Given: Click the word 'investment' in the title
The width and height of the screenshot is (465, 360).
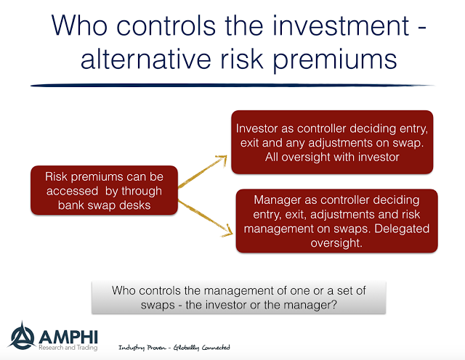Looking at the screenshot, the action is click(341, 25).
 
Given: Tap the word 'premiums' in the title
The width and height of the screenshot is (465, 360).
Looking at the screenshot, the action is click(335, 60).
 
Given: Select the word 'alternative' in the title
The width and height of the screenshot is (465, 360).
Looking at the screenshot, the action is click(145, 58).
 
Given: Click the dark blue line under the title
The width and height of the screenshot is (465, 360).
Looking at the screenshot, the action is click(232, 86).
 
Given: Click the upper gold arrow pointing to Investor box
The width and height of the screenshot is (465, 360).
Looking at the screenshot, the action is click(203, 171).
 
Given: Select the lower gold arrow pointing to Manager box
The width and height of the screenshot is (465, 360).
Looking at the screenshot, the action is click(205, 218).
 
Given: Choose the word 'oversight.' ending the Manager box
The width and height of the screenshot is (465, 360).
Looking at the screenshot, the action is click(336, 243).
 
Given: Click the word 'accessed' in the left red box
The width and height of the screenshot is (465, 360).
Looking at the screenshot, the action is click(72, 191).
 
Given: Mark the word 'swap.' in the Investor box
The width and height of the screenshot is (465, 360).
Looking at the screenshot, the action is click(408, 143).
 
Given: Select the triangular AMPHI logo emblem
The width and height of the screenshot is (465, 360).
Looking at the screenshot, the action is click(22, 335).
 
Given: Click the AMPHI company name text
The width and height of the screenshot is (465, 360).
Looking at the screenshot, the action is click(68, 337).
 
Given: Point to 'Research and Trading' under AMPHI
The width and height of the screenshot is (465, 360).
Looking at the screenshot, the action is click(68, 348).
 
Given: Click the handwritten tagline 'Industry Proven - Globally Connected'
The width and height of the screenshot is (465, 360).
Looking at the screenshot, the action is click(174, 348).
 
